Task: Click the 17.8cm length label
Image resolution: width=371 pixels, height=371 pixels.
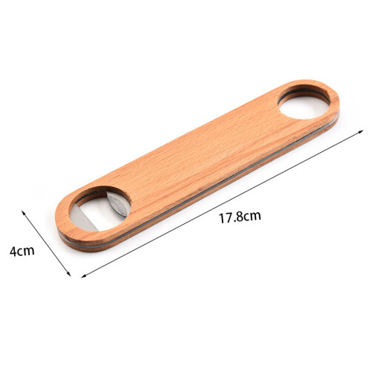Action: tap(240, 217)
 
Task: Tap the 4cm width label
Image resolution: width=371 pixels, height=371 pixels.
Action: tap(22, 251)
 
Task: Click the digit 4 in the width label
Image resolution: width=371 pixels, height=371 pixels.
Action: tap(13, 251)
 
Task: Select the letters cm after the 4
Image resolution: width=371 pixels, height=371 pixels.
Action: tap(26, 252)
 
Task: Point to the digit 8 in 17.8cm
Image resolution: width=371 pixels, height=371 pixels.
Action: tap(239, 217)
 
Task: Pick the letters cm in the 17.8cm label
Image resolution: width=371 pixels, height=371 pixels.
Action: tap(252, 216)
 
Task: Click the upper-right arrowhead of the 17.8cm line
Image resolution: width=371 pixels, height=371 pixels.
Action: tap(361, 131)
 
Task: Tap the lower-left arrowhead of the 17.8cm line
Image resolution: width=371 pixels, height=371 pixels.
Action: tap(84, 276)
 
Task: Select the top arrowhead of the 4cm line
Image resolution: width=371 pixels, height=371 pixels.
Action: tap(23, 213)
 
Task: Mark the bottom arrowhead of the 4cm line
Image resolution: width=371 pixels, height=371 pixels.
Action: tap(69, 274)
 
